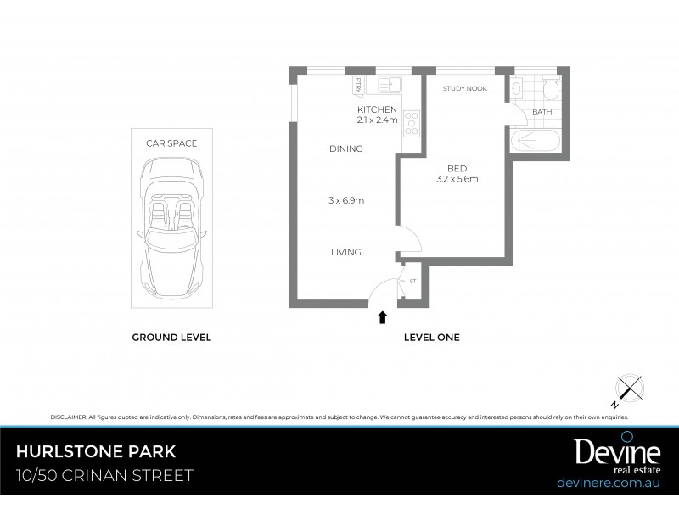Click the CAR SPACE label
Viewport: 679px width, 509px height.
(x=171, y=143)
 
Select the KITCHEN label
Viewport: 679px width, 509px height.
(x=377, y=110)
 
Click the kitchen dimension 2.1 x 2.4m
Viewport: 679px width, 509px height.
(x=377, y=120)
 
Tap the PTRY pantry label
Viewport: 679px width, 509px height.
(x=359, y=84)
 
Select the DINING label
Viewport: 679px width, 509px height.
(x=346, y=148)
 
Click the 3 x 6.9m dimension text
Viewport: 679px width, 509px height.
(x=346, y=200)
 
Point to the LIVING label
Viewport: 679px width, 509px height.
(x=346, y=252)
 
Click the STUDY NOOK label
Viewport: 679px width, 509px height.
(x=465, y=88)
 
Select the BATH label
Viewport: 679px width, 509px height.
(x=541, y=112)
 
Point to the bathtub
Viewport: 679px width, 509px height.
(x=536, y=140)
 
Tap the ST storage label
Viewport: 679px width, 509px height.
(x=413, y=280)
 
